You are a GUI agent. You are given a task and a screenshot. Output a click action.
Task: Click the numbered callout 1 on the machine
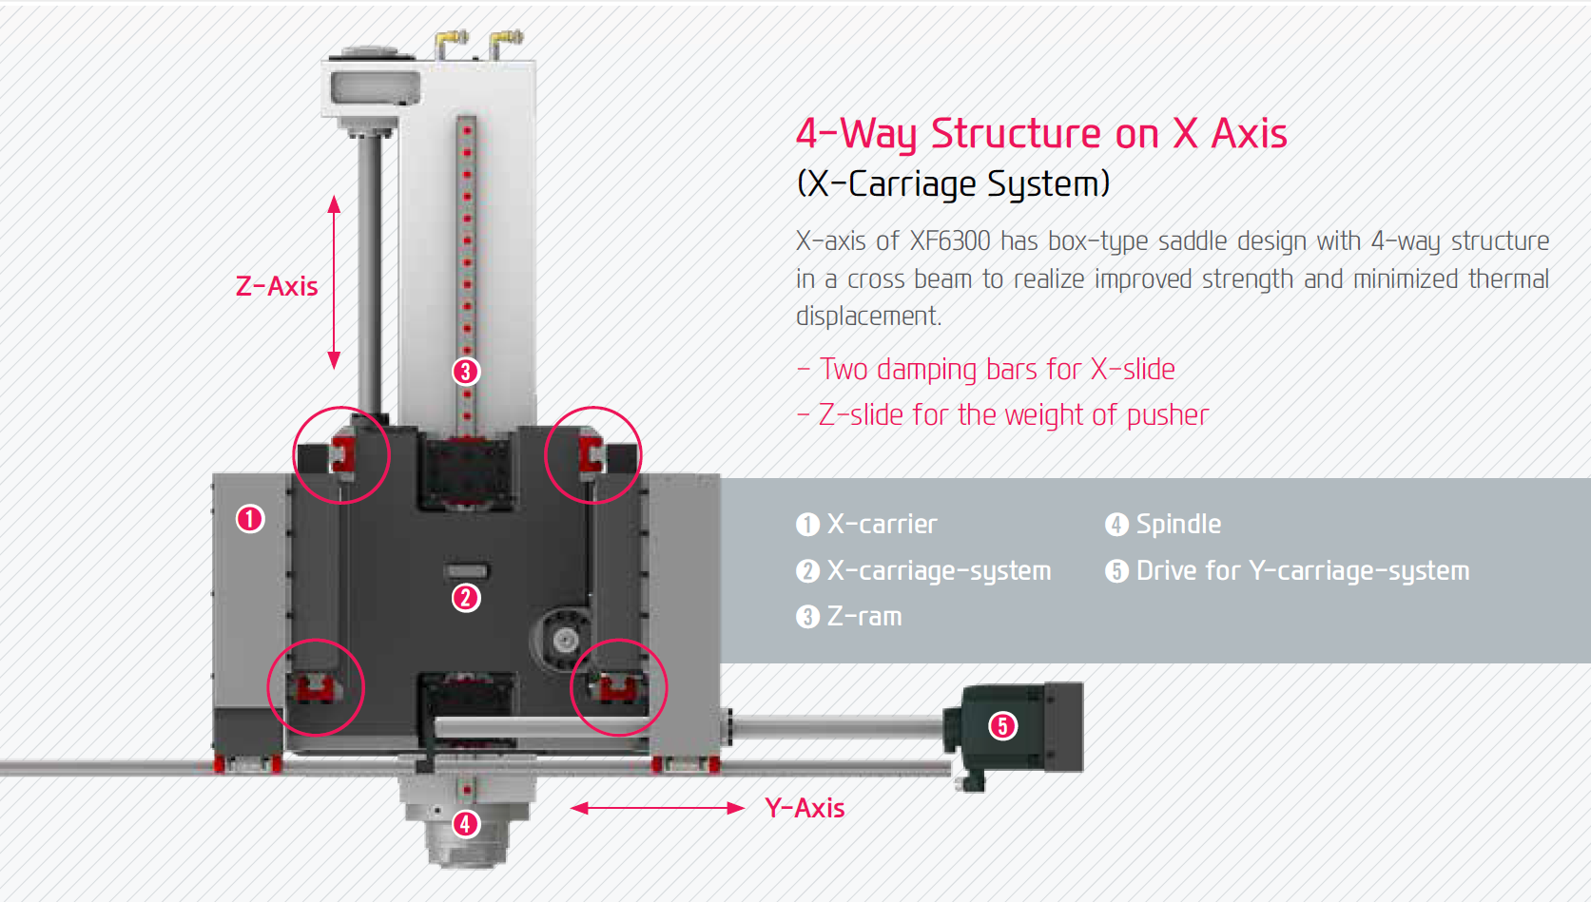pos(250,519)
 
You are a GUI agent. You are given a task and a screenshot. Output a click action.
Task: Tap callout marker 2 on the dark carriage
pos(466,598)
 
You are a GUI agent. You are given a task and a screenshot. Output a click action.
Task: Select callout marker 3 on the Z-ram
pos(466,372)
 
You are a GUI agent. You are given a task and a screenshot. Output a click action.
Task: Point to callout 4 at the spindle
pos(466,824)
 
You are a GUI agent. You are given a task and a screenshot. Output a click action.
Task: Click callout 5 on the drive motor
pos(1002,725)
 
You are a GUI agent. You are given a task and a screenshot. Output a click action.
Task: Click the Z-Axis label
pos(277,286)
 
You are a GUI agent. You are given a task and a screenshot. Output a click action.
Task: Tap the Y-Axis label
pos(805,808)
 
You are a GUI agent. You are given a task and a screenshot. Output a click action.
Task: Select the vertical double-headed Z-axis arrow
pos(334,282)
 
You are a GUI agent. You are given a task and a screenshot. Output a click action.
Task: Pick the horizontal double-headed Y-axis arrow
pos(657,808)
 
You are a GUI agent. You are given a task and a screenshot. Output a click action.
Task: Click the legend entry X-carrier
pos(866,525)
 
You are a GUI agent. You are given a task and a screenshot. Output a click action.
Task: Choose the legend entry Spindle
pos(1163,525)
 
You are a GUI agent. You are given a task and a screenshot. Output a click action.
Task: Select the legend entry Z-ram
pos(849,616)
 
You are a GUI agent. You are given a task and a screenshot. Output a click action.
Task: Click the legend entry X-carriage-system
pos(923,570)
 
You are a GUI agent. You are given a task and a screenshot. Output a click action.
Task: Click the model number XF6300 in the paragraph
pos(950,241)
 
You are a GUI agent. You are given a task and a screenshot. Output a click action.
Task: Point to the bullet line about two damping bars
pos(986,369)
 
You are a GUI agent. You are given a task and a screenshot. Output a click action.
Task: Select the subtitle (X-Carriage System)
pos(953,183)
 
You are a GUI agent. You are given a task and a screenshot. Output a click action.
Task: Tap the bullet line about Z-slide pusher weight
pos(1003,414)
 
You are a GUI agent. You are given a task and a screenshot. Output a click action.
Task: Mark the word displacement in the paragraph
pos(868,317)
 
